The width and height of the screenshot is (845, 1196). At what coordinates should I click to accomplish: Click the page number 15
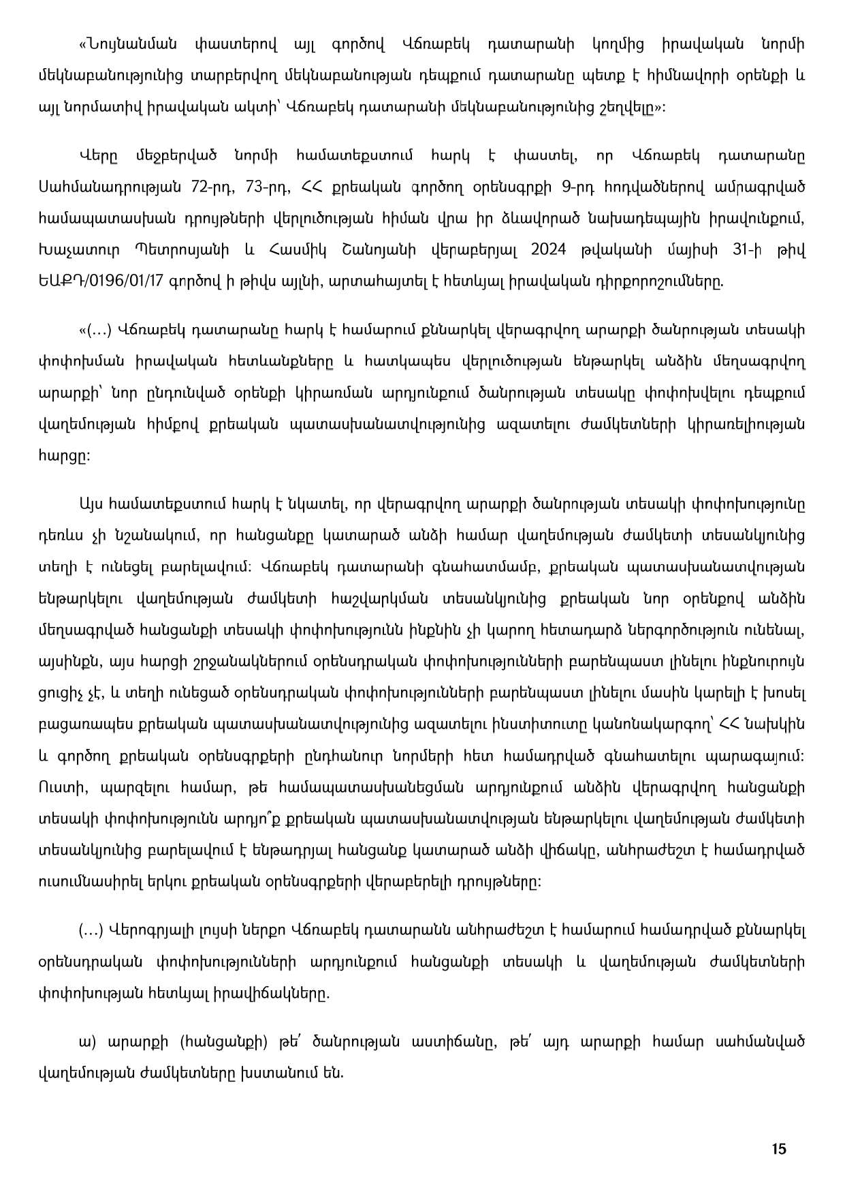779,1149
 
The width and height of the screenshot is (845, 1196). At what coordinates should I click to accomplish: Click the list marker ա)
86,1042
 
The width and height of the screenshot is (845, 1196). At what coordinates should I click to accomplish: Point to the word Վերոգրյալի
150,930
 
